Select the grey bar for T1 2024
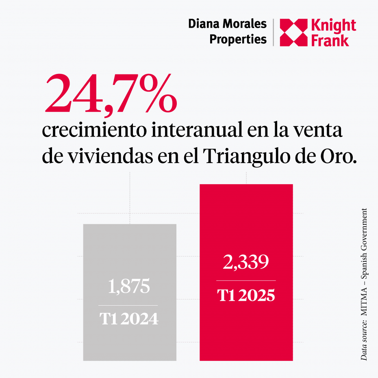click(130, 252)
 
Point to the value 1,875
click(129, 287)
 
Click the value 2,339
click(246, 262)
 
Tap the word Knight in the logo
click(333, 26)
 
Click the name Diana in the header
click(204, 24)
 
